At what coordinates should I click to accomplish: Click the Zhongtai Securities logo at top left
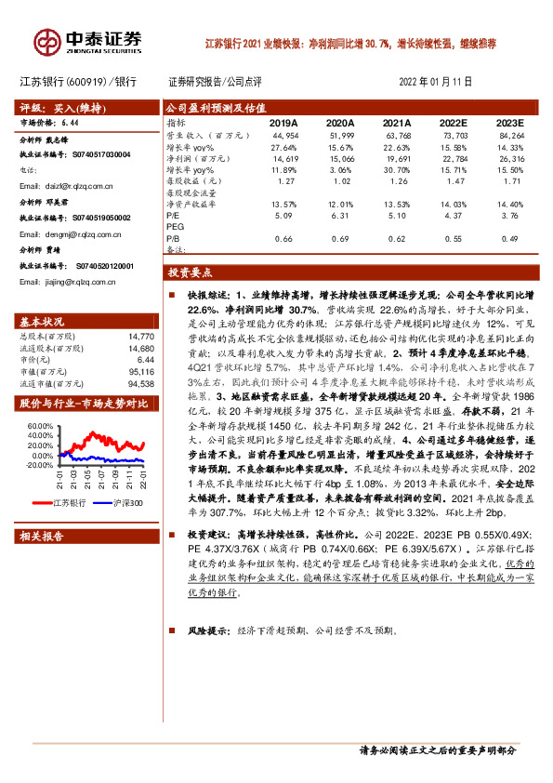click(x=89, y=41)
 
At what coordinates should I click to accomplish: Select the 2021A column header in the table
click(x=397, y=122)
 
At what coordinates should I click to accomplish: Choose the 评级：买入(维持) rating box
click(x=52, y=107)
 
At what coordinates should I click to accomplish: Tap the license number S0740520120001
click(x=100, y=265)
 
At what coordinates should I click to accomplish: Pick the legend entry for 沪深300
click(x=125, y=502)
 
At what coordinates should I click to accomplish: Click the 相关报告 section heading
click(x=41, y=537)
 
